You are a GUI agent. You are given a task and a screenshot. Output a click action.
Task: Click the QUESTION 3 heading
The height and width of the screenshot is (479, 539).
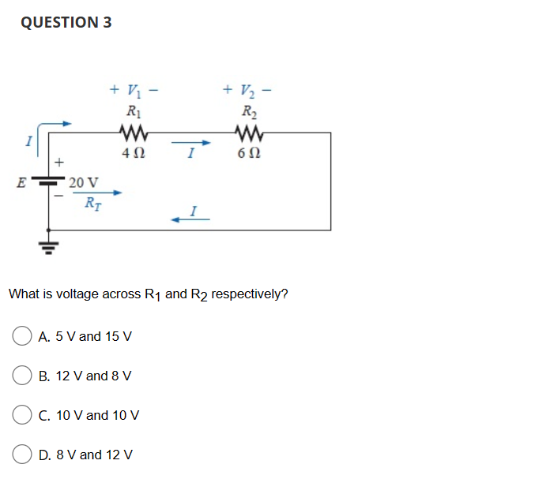pyautogui.click(x=66, y=22)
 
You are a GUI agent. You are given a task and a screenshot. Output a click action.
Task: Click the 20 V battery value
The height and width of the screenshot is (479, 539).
pyautogui.click(x=83, y=182)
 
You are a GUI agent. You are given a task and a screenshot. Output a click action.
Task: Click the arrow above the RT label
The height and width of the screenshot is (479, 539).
pyautogui.click(x=104, y=192)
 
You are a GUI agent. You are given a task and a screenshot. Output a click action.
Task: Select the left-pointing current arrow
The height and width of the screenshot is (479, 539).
pyautogui.click(x=190, y=220)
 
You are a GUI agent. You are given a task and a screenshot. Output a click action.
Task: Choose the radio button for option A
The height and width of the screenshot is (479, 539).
pyautogui.click(x=22, y=336)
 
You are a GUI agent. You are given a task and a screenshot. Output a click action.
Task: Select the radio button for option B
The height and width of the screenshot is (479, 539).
pyautogui.click(x=22, y=376)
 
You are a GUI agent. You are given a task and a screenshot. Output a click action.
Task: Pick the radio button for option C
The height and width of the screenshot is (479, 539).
pyautogui.click(x=22, y=415)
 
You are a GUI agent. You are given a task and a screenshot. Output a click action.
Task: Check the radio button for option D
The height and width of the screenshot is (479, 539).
pyautogui.click(x=22, y=455)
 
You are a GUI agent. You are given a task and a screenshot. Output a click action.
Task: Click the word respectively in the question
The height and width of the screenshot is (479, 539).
pyautogui.click(x=251, y=294)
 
